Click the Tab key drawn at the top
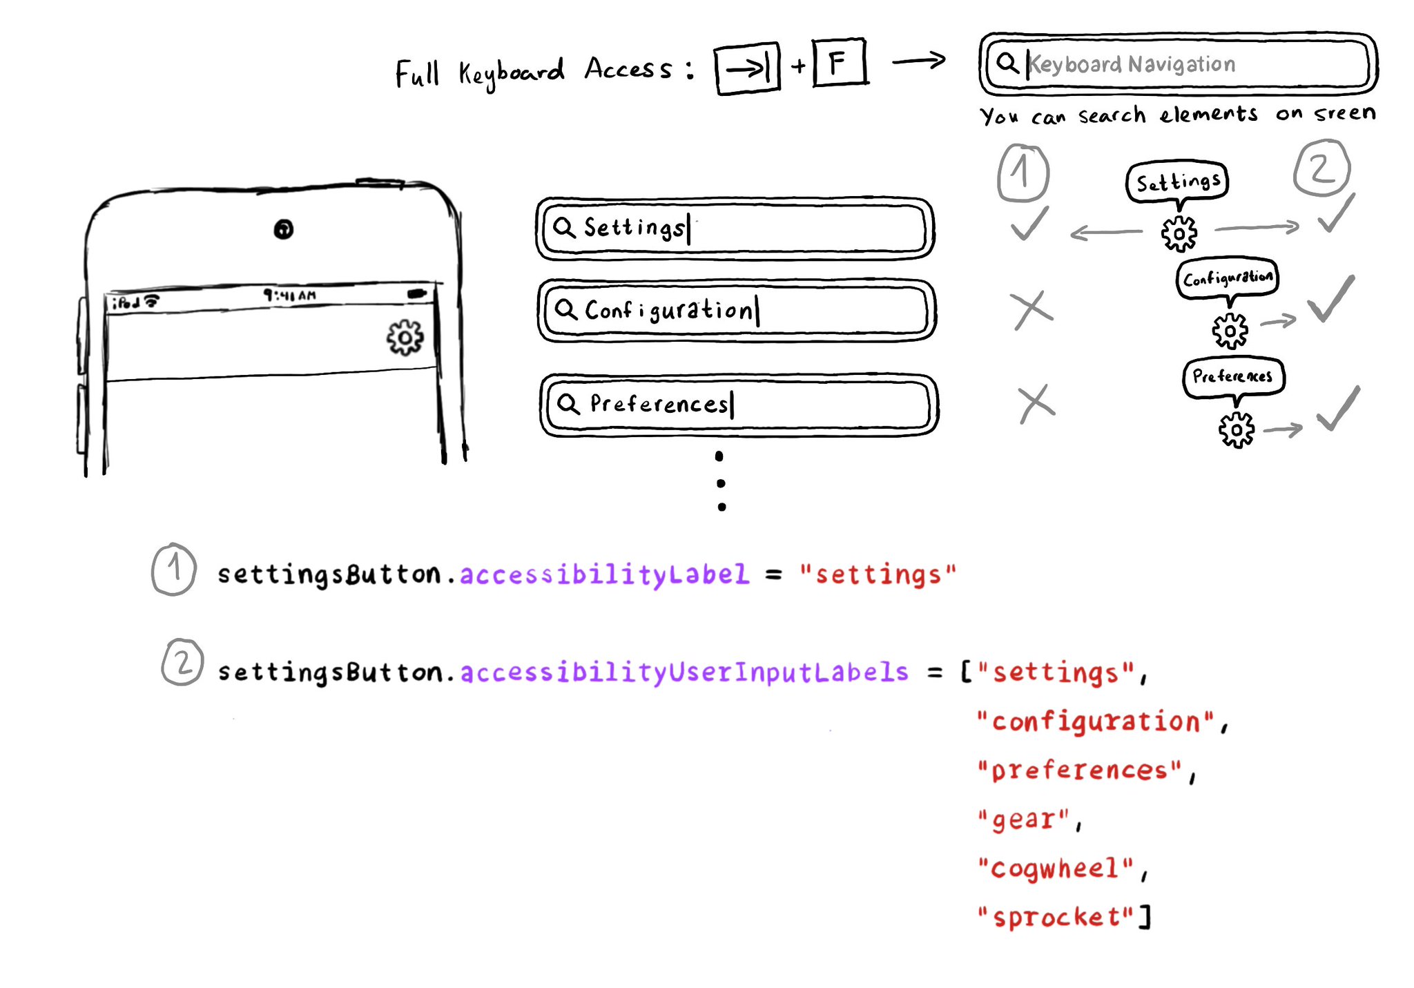click(747, 68)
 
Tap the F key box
click(839, 64)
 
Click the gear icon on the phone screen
click(405, 338)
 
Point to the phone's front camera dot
click(283, 229)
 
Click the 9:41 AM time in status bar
click(289, 296)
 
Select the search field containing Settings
click(735, 229)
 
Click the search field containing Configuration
click(737, 311)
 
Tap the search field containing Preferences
click(739, 405)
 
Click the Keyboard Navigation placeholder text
click(1132, 64)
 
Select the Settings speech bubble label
click(1177, 182)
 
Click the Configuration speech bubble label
click(1227, 278)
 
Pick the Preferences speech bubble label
click(1232, 376)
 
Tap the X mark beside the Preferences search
click(1036, 403)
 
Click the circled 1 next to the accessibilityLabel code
click(173, 570)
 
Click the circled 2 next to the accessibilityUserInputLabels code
click(182, 663)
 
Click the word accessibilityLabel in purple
click(604, 574)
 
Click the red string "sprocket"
click(1056, 917)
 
